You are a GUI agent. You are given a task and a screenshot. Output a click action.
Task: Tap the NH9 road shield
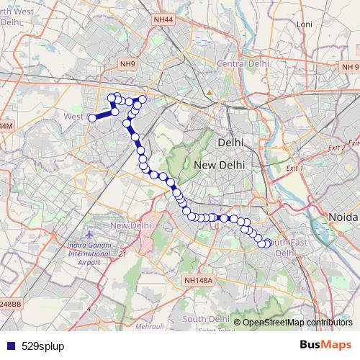tap(128, 64)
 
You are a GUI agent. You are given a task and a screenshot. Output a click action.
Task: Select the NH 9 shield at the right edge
tap(349, 66)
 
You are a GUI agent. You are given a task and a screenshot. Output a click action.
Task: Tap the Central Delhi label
tap(243, 64)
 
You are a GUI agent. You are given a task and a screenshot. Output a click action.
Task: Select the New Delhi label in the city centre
tap(220, 165)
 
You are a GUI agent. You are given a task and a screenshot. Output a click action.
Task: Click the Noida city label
tap(343, 217)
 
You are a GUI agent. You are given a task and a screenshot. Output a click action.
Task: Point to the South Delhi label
tap(205, 318)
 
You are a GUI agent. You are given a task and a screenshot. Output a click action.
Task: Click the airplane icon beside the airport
tap(89, 235)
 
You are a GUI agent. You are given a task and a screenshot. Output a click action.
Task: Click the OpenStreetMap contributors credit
tap(297, 322)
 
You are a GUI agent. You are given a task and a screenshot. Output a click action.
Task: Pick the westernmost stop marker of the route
tap(92, 117)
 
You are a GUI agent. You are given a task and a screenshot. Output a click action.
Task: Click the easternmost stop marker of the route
tap(269, 243)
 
